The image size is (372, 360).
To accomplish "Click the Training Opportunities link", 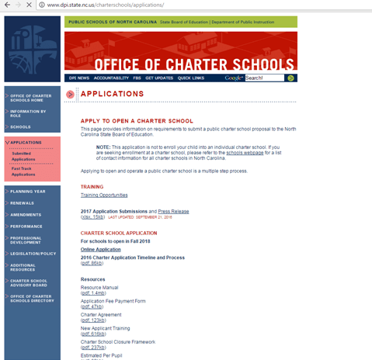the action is (x=104, y=195).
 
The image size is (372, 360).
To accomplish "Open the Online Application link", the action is (x=100, y=249).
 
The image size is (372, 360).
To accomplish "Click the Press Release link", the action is (x=175, y=211).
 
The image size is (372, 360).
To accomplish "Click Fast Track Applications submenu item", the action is (x=23, y=171).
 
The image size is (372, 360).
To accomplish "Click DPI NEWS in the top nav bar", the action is (x=79, y=78).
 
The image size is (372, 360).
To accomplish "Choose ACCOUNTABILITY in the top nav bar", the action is (x=112, y=78).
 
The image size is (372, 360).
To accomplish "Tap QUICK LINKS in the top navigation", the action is (x=190, y=78).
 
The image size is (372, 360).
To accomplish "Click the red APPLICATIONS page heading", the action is (x=113, y=94).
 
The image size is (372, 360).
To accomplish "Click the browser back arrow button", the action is (x=5, y=5).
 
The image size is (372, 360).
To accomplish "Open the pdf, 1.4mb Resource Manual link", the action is (x=93, y=293).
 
